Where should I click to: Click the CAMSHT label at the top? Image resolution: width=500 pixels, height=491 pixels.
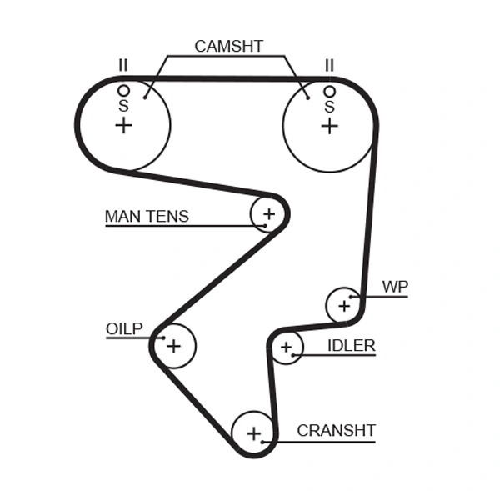228,47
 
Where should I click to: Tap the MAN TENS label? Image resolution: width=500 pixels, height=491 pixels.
147,217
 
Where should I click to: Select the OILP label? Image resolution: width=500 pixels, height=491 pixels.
124,328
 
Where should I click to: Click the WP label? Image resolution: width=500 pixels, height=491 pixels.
395,287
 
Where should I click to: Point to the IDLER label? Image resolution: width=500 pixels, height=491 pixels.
351,345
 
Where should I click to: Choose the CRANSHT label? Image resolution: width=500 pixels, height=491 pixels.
336,431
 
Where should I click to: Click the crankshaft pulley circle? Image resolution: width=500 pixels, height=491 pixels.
253,433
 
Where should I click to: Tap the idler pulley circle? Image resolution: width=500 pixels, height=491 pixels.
287,347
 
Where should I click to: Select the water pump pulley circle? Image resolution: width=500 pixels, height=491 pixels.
343,305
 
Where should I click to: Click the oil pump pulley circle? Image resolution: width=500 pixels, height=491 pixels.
173,345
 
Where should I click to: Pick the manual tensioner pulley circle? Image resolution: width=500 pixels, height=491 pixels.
268,214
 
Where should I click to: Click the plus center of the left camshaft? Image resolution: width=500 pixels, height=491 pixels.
123,125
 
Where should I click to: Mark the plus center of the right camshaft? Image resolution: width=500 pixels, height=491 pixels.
330,125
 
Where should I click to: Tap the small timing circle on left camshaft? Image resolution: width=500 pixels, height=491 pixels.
123,90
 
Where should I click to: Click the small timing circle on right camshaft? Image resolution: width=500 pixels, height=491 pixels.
330,91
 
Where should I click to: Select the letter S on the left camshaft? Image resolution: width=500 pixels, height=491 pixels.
123,106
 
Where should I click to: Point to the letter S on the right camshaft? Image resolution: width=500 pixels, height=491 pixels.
330,107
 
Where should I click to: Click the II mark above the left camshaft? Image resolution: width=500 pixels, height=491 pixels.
123,65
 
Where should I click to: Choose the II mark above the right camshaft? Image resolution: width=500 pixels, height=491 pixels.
330,65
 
